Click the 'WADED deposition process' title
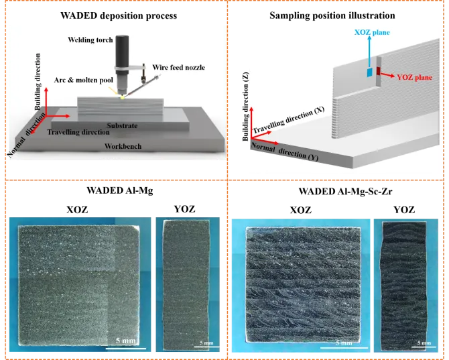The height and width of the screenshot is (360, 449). pyautogui.click(x=119, y=15)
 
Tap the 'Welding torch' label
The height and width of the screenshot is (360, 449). pyautogui.click(x=90, y=40)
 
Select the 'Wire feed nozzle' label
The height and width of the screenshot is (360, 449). pyautogui.click(x=179, y=67)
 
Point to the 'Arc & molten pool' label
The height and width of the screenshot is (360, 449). pyautogui.click(x=84, y=80)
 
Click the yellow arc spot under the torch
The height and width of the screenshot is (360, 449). pyautogui.click(x=123, y=98)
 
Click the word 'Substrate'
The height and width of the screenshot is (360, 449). pyautogui.click(x=122, y=125)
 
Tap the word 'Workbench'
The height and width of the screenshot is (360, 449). pyautogui.click(x=123, y=146)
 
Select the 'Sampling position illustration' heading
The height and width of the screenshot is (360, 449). pyautogui.click(x=332, y=15)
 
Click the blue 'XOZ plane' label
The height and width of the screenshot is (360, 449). pyautogui.click(x=372, y=32)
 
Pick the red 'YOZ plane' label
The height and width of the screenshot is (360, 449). pyautogui.click(x=414, y=77)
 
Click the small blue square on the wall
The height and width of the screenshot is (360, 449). pyautogui.click(x=370, y=72)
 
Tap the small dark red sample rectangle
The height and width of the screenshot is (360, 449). pyautogui.click(x=379, y=71)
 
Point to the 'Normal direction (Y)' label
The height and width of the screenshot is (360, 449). pyautogui.click(x=285, y=152)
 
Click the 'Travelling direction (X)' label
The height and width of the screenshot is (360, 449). pyautogui.click(x=288, y=120)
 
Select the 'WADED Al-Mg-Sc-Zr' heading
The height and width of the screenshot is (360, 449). pyautogui.click(x=345, y=191)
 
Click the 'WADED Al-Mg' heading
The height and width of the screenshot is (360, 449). pyautogui.click(x=120, y=190)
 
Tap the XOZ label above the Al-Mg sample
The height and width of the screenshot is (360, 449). pyautogui.click(x=77, y=210)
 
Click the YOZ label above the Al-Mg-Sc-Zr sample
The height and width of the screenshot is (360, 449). pyautogui.click(x=404, y=210)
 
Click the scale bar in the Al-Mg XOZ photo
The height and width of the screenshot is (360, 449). pyautogui.click(x=126, y=349)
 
